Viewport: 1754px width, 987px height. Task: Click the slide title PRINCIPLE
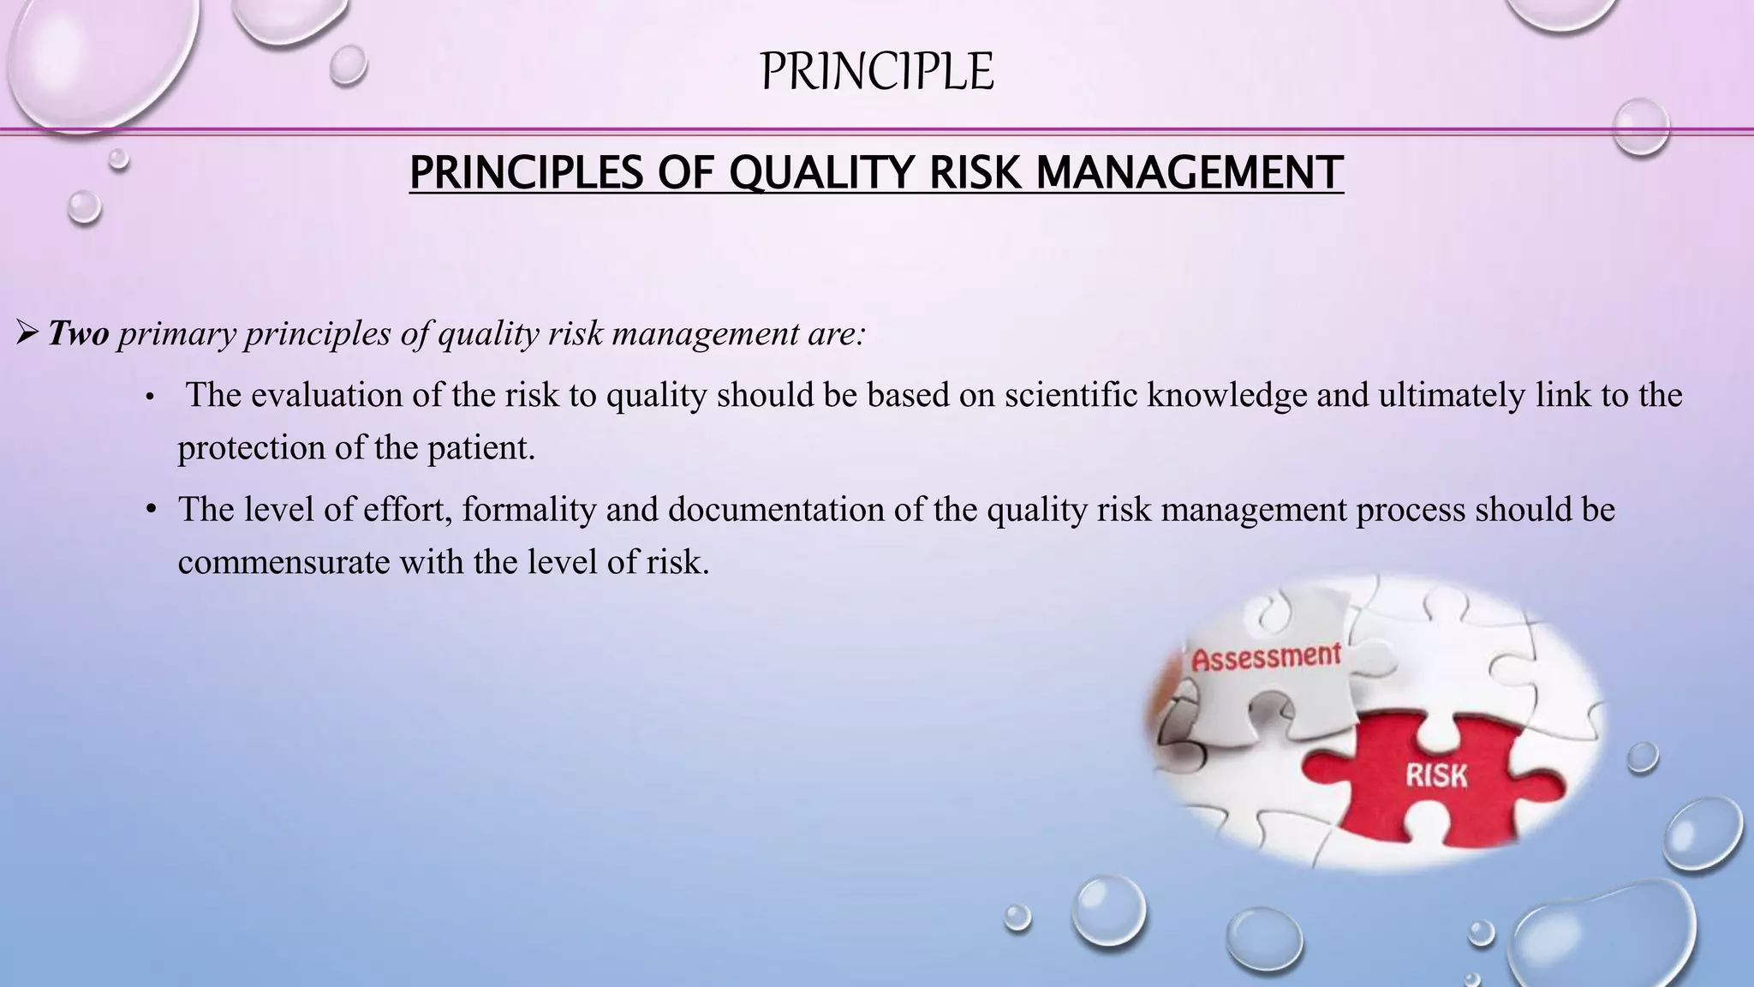point(876,71)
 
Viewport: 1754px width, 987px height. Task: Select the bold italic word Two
point(78,333)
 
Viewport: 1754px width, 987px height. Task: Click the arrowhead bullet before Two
point(27,333)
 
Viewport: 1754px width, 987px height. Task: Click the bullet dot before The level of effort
point(151,510)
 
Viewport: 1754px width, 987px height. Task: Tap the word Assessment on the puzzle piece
point(1266,658)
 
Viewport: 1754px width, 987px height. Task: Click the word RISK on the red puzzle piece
point(1436,775)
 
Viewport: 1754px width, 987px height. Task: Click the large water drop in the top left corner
point(94,56)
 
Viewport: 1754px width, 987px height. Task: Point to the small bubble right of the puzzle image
point(1642,757)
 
